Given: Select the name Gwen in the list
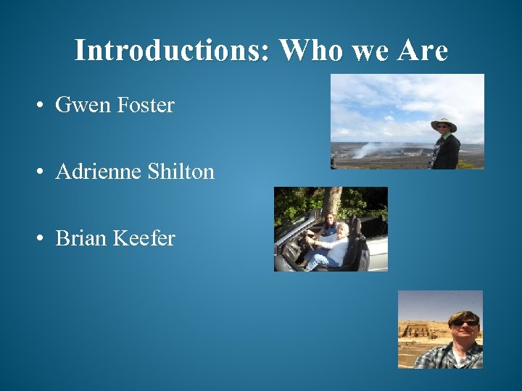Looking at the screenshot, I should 77,106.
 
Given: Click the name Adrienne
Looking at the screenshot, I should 99,172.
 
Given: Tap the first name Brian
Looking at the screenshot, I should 79,238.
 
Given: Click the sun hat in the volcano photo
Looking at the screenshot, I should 443,122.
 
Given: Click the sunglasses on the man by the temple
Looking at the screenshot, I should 464,322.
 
